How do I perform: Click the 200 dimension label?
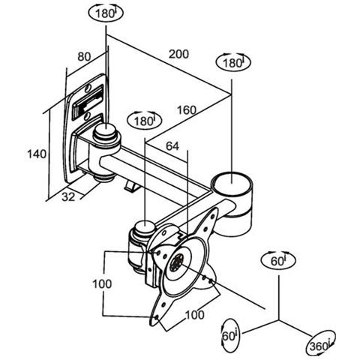point(178,54)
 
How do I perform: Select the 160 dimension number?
point(187,110)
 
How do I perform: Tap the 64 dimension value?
point(172,146)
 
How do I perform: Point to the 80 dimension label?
point(84,57)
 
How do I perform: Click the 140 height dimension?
point(37,154)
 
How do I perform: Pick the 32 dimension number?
point(68,197)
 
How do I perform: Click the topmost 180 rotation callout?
point(106,13)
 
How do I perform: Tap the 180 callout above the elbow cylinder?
point(233,62)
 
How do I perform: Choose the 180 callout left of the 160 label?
point(145,121)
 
